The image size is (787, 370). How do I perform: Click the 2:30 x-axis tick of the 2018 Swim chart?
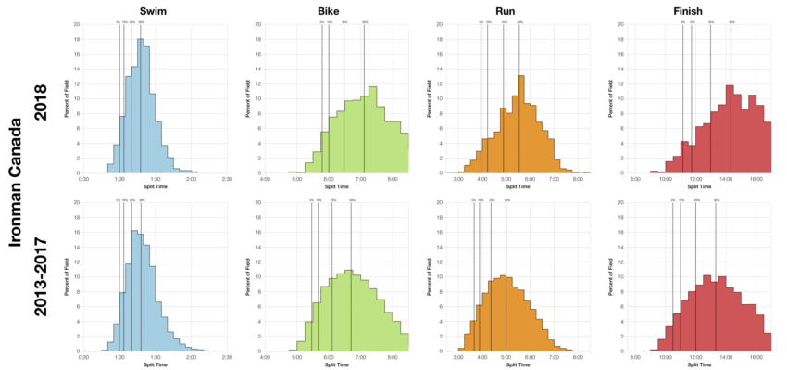click(227, 179)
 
